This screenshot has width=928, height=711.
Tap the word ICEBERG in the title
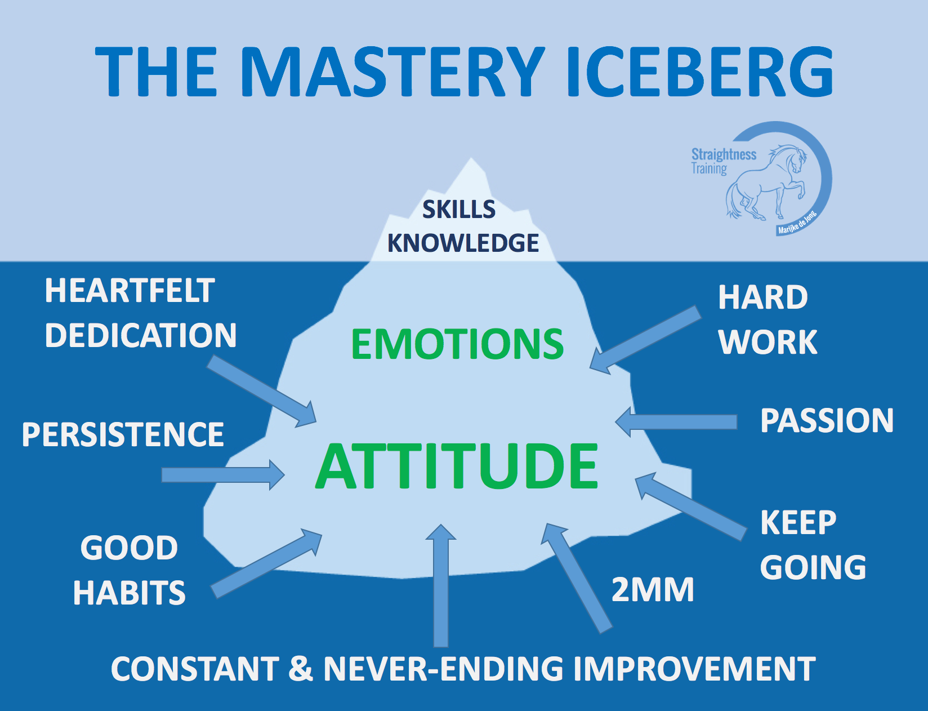point(701,71)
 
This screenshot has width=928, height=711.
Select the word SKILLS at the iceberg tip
point(459,210)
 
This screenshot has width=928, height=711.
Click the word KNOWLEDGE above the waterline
point(463,243)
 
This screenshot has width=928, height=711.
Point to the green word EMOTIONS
point(457,344)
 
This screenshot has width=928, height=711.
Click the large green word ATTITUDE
point(457,465)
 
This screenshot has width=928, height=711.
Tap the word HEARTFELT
point(130,291)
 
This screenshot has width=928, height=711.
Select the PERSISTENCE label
point(123,434)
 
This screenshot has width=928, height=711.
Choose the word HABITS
point(130,593)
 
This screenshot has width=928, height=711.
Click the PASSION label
point(827,421)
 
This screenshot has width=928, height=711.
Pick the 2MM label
point(653,590)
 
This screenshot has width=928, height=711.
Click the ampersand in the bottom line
point(301,669)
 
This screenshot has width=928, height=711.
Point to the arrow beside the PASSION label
point(676,422)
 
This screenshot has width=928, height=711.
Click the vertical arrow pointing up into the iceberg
point(441,585)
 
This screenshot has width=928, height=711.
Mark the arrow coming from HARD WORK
point(645,340)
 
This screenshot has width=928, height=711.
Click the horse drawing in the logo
point(766,181)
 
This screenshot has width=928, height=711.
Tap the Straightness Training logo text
point(724,161)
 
